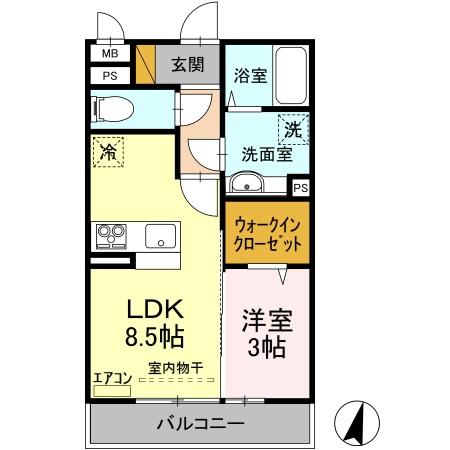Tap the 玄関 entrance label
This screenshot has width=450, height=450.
click(x=186, y=66)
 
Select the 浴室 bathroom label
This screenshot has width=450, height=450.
click(x=249, y=75)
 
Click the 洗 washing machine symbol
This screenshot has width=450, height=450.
click(x=292, y=129)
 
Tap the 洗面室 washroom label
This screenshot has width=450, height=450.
click(x=265, y=155)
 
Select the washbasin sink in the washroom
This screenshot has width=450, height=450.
click(x=247, y=184)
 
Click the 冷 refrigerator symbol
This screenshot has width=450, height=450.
click(x=108, y=154)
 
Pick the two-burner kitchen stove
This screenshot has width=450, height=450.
click(x=110, y=236)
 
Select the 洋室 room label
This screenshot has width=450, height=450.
click(x=265, y=323)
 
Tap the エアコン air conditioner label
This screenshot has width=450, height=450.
click(x=112, y=377)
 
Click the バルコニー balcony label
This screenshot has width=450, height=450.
click(x=200, y=424)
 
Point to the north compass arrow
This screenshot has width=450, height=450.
click(x=355, y=423)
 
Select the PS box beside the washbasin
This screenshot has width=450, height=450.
click(x=300, y=187)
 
